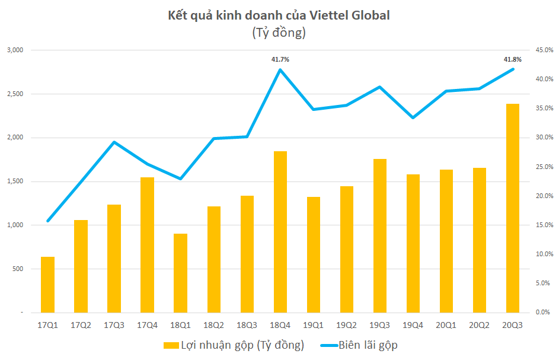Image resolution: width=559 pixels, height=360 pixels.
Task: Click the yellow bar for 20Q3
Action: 512,208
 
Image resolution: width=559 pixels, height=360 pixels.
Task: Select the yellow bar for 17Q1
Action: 47,285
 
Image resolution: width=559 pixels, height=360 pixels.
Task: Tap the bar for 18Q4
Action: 280,231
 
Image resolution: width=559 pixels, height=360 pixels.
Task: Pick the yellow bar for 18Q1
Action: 180,273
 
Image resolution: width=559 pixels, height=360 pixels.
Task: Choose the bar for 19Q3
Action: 379,235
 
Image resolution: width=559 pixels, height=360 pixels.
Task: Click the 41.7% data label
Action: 280,59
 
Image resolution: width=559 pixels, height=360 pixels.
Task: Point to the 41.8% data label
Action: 512,59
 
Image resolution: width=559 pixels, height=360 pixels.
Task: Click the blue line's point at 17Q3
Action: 114,142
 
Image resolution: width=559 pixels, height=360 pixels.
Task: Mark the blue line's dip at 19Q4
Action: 413,117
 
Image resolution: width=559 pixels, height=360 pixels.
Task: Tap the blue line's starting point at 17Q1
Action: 47,221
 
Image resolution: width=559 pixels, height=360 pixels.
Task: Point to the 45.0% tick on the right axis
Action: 544,50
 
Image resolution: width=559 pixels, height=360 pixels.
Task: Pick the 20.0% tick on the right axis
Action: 544,196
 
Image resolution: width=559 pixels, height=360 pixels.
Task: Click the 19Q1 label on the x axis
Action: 313,324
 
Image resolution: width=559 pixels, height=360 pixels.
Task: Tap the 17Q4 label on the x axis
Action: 147,324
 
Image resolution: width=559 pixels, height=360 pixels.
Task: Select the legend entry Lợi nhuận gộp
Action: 234,345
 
